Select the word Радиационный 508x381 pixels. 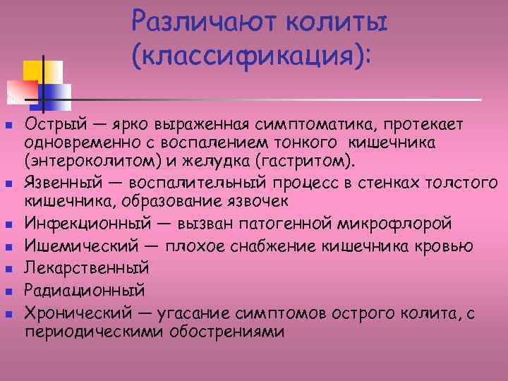85,289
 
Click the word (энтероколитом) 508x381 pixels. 81,160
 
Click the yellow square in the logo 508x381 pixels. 35,71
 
